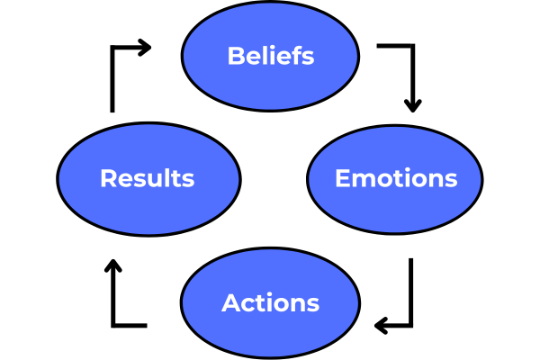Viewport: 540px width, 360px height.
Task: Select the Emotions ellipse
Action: [396, 203]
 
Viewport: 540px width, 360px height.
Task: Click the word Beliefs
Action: [270, 56]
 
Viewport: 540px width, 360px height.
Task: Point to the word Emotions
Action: [396, 178]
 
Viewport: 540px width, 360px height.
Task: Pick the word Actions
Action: [270, 302]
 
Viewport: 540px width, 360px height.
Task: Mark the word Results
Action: [147, 178]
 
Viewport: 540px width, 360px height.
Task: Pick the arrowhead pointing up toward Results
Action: [112, 267]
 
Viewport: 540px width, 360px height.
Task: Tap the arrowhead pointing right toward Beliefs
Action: [145, 47]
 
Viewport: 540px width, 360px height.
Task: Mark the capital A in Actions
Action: [230, 302]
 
